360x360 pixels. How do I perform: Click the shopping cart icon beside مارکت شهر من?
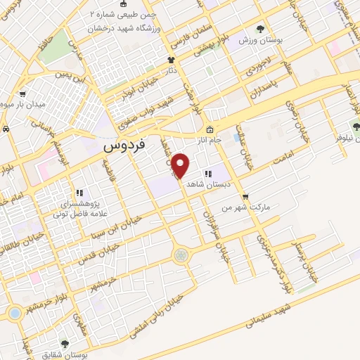tap(244, 197)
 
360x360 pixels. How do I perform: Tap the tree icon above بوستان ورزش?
tap(261, 29)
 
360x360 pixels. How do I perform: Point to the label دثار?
tap(169, 72)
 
